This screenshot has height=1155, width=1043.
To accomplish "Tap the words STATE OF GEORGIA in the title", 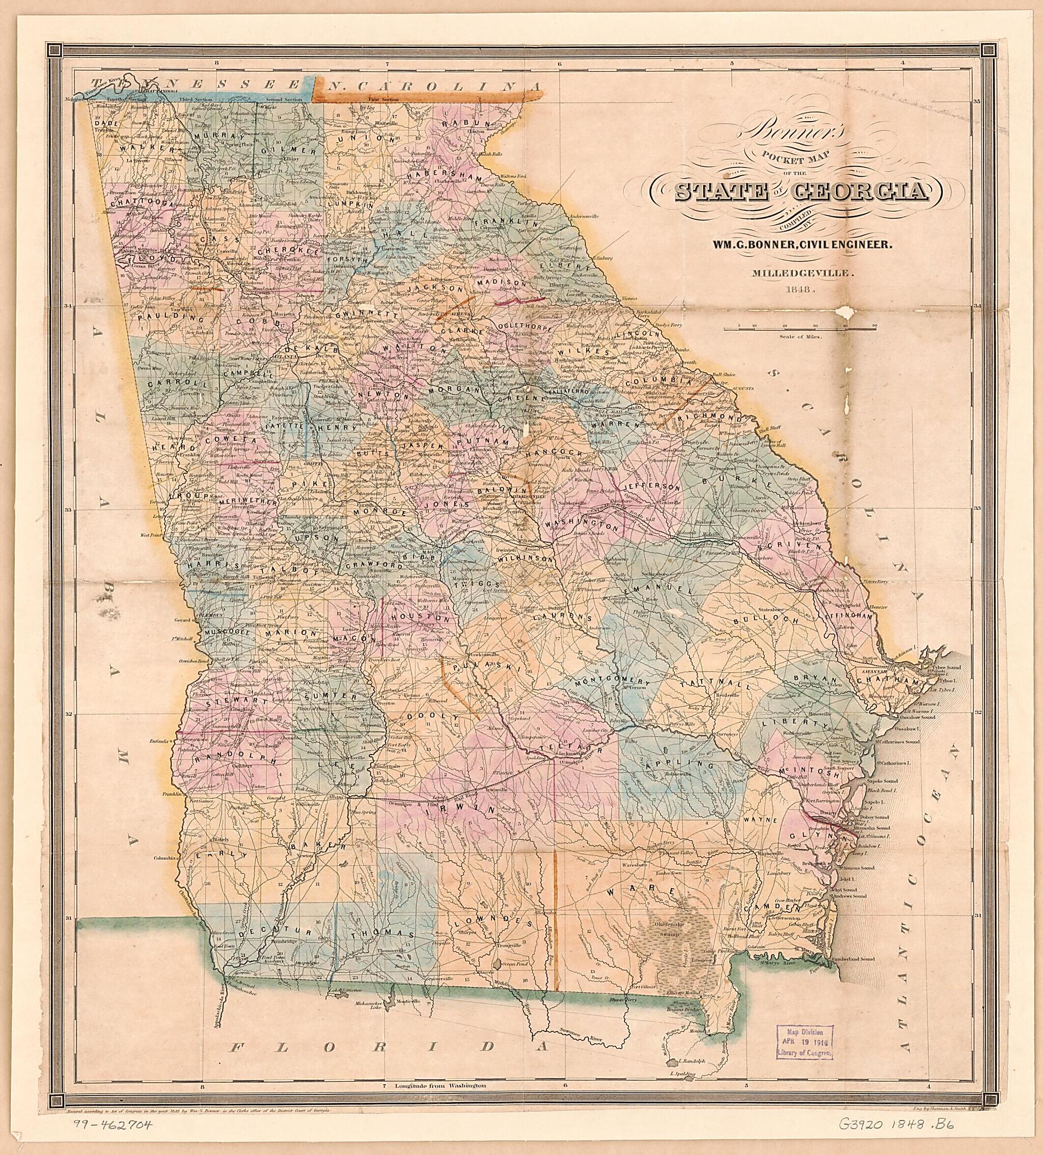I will pos(800,192).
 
